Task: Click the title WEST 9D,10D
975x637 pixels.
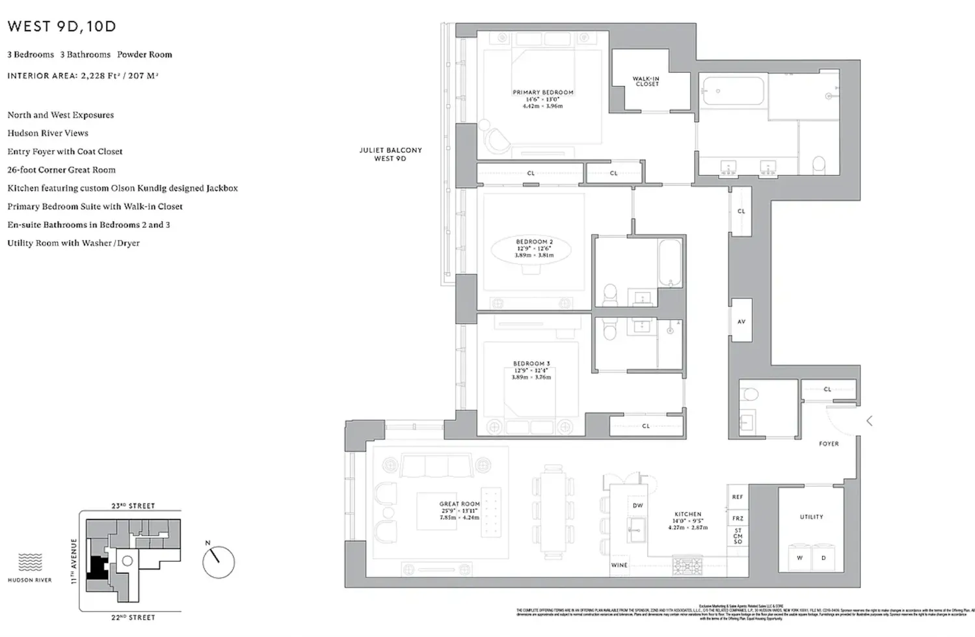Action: coord(62,27)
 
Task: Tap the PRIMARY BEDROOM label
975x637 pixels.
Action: coord(543,92)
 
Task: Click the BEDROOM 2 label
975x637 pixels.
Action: coord(534,242)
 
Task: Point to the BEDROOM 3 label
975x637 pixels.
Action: coord(531,364)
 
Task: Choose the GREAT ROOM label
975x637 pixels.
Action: coord(459,504)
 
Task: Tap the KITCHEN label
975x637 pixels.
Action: coord(688,514)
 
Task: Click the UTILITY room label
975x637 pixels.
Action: coord(811,517)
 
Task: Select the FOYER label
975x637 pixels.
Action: coord(828,444)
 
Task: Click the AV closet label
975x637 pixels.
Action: coord(741,321)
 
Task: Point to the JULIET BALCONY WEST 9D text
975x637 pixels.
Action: coord(390,154)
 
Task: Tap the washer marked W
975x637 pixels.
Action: coord(799,558)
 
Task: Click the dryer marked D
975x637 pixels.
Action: coord(823,558)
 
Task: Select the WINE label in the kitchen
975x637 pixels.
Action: coord(619,565)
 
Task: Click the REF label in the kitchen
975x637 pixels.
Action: coord(737,497)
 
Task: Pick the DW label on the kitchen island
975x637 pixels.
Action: coord(637,506)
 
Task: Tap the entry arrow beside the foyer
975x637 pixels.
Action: coord(869,421)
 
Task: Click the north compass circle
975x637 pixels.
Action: coord(218,562)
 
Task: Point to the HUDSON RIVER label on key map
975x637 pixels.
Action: coord(30,580)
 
